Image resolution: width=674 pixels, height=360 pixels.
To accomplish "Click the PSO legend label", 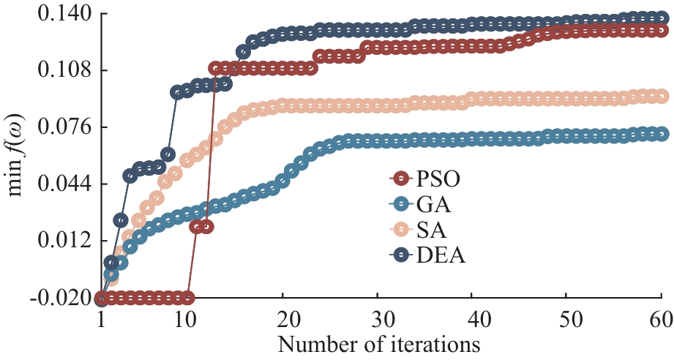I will [x=441, y=177].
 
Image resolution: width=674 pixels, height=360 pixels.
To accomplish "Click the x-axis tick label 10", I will [x=186, y=320].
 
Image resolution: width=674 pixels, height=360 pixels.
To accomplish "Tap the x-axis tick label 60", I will [x=661, y=320].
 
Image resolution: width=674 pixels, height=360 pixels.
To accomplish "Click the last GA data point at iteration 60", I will [x=661, y=134].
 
